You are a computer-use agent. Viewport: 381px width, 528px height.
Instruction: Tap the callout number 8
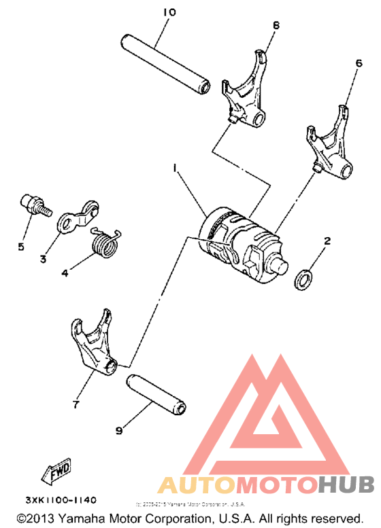(x=276, y=25)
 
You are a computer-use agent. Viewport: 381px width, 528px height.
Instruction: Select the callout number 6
(x=359, y=63)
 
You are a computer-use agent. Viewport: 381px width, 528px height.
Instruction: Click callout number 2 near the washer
(x=327, y=241)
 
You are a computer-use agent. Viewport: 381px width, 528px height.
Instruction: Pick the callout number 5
(x=21, y=247)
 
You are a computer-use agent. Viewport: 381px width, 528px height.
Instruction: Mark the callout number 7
(x=75, y=404)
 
